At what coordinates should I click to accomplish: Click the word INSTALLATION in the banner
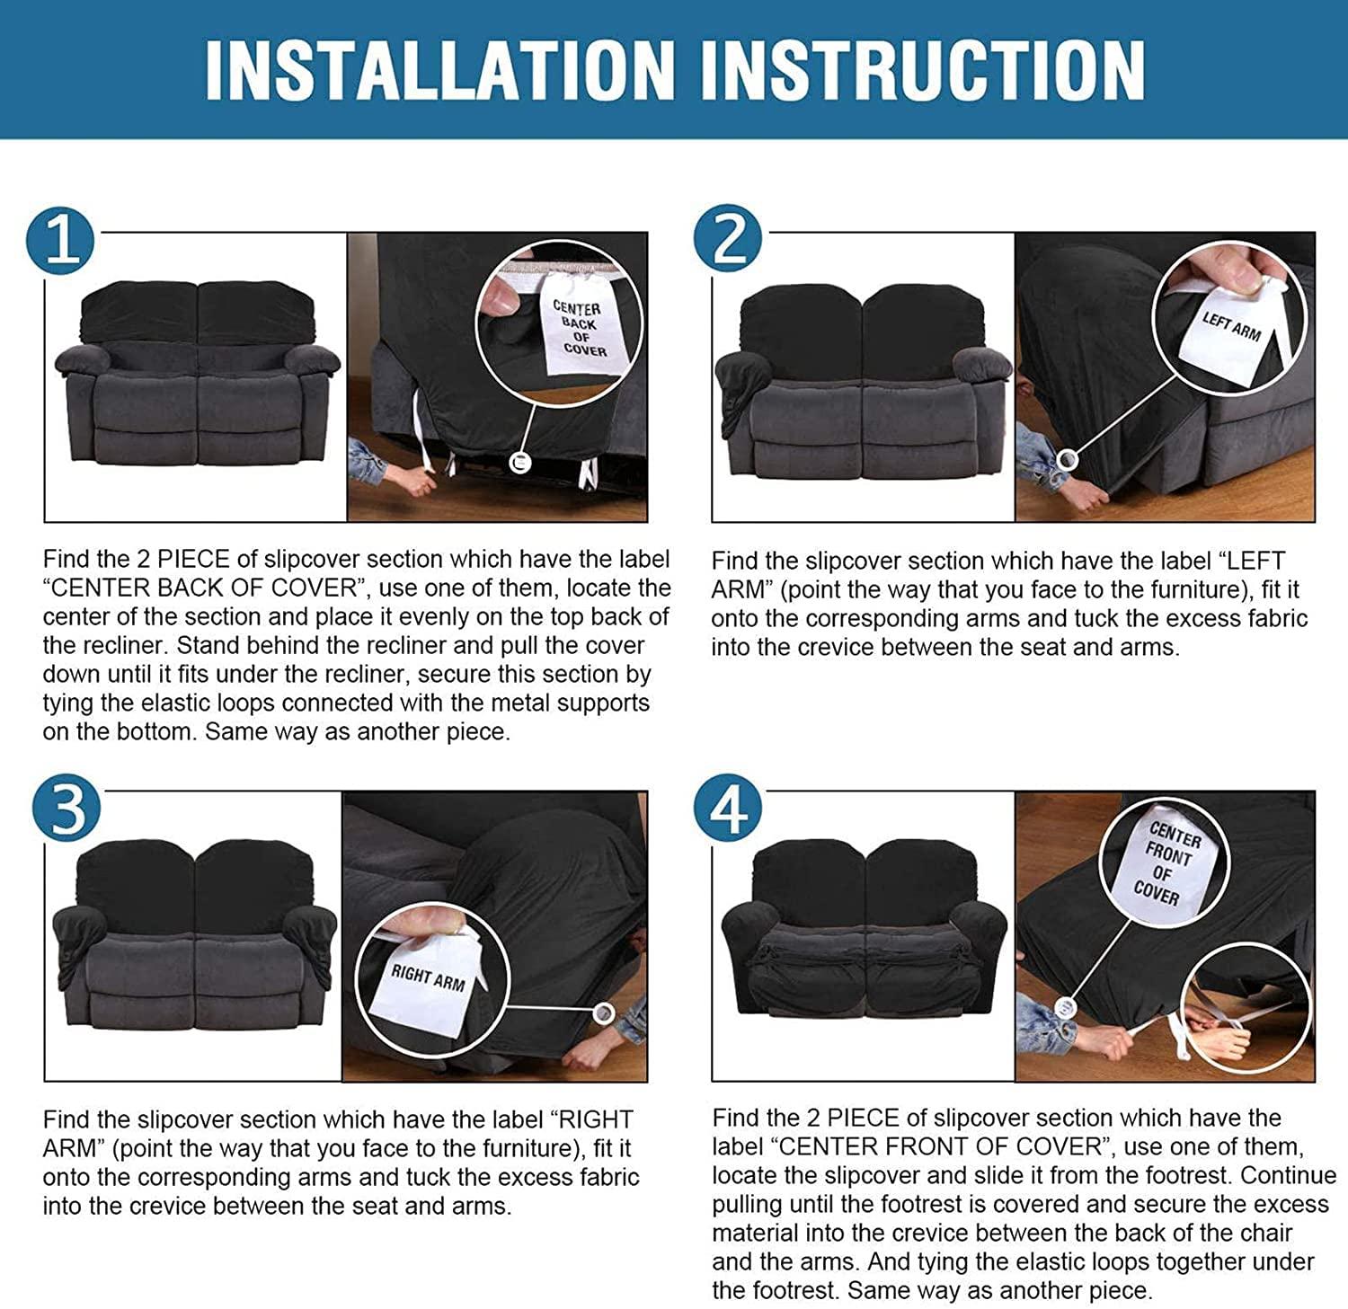439,69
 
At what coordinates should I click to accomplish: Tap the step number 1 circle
61,240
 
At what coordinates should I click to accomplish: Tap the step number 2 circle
728,240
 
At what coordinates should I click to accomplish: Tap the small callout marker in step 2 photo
1067,460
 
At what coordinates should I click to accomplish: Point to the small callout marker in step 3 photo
604,1013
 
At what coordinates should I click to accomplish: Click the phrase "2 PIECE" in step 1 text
183,559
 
